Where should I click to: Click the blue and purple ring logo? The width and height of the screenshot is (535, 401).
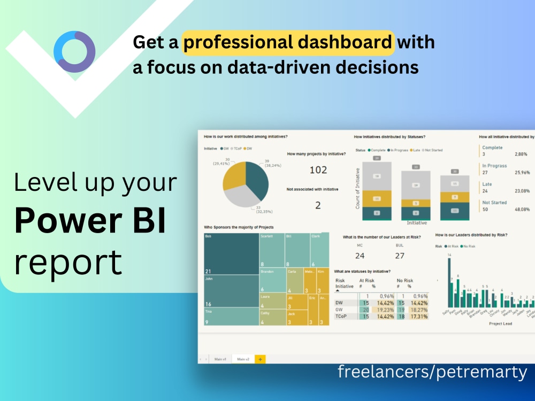(x=74, y=52)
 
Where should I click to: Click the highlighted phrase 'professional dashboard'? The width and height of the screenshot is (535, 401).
(x=288, y=42)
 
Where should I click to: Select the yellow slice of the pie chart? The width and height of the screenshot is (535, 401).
(x=233, y=174)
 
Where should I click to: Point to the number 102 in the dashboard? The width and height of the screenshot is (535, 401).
(x=318, y=170)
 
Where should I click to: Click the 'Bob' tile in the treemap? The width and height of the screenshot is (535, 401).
(x=231, y=253)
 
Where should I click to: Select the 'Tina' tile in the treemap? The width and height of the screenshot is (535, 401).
(x=231, y=317)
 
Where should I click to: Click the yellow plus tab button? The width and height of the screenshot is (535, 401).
(x=260, y=359)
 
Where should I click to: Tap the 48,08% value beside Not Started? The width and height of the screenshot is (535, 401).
(x=522, y=210)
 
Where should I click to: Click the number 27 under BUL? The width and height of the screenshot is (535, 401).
(x=399, y=256)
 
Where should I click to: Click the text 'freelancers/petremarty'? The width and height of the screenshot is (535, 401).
(x=432, y=372)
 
